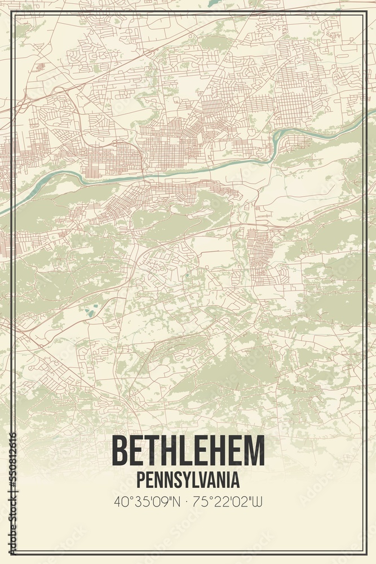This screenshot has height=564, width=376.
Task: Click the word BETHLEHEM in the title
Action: coord(188,451)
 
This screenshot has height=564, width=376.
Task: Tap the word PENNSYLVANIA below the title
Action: coord(188,480)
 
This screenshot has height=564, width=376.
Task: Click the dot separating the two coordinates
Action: coord(188,501)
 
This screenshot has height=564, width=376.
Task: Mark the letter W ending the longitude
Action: coord(258,501)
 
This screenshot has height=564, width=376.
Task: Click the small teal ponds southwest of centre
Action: coord(90,309)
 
